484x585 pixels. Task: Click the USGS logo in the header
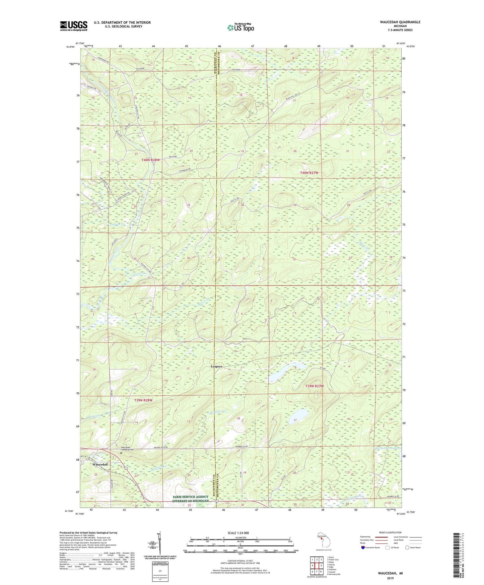[74, 26]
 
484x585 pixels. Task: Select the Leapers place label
[216, 367]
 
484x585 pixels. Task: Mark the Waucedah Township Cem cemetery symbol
[121, 453]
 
